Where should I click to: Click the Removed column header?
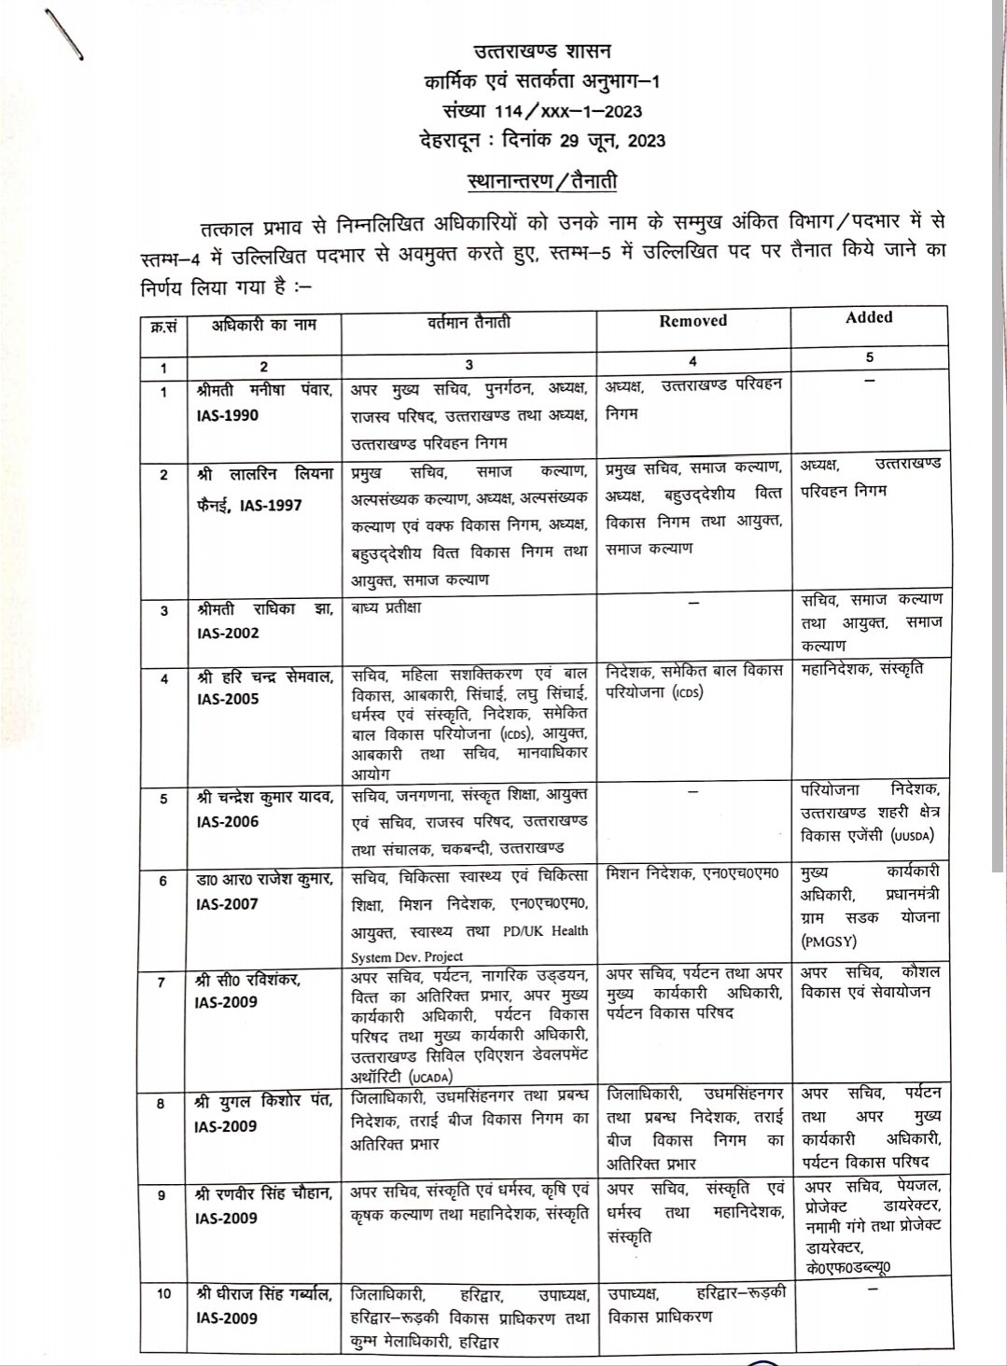[692, 321]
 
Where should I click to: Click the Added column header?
[869, 317]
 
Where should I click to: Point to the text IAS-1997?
[272, 505]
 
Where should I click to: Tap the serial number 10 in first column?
[164, 1293]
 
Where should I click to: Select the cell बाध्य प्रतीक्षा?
[387, 608]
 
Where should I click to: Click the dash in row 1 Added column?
[870, 381]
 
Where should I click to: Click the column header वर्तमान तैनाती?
[469, 323]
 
